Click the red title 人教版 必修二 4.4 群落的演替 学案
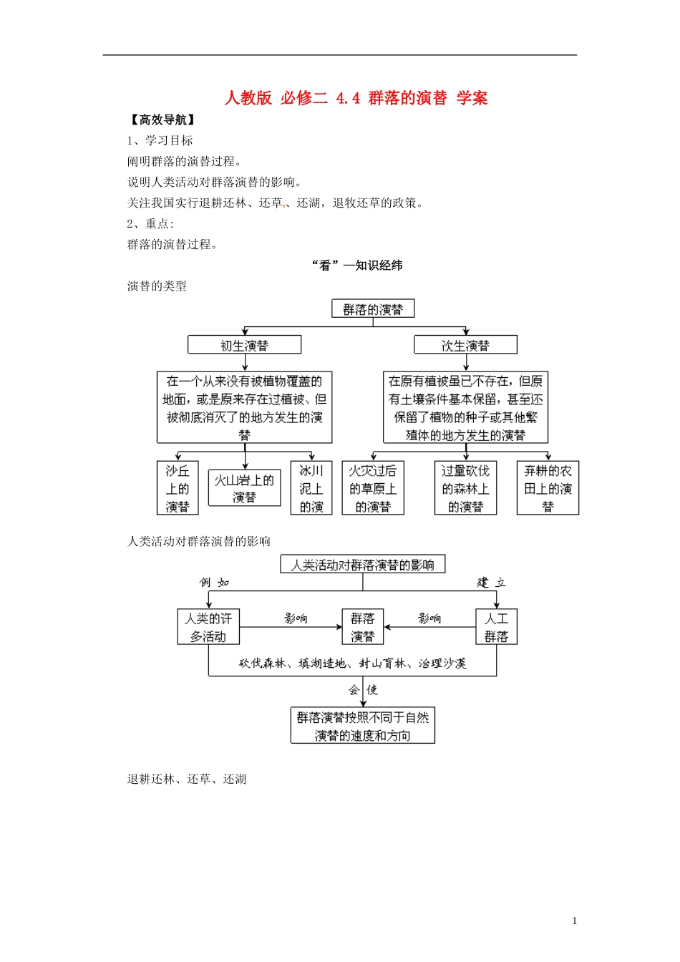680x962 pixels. (356, 98)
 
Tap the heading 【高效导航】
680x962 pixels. (162, 120)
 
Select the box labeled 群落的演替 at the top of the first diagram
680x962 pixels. (373, 309)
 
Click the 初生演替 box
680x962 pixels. (244, 346)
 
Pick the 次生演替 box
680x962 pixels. (465, 346)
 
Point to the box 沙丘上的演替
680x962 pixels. (178, 488)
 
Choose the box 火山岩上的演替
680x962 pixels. (244, 488)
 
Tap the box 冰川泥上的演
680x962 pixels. (311, 488)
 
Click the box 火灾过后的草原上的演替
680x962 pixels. (373, 488)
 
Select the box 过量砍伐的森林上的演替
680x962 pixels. (465, 488)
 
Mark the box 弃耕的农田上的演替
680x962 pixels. (548, 488)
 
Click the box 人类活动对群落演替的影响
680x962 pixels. (362, 565)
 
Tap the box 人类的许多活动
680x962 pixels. (208, 627)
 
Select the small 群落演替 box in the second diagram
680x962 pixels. (363, 627)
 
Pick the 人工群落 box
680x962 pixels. (496, 627)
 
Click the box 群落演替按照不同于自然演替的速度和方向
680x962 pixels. (363, 726)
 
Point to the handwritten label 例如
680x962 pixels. (214, 583)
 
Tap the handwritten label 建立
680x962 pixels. (491, 583)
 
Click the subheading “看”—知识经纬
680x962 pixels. (357, 266)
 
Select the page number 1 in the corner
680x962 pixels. (574, 921)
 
